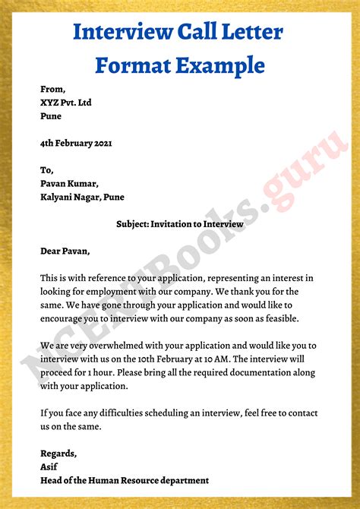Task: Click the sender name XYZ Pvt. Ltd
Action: pos(66,103)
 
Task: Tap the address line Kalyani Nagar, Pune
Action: pos(83,198)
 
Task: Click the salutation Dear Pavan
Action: pos(65,251)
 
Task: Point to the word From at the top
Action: pos(53,89)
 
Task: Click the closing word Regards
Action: pos(58,454)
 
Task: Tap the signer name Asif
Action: pos(49,466)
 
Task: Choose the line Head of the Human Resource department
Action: pos(125,480)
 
